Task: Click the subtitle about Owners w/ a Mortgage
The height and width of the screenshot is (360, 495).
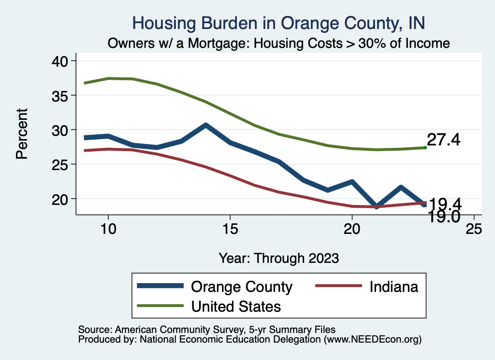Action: tap(279, 43)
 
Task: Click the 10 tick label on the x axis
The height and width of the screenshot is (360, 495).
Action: tap(108, 229)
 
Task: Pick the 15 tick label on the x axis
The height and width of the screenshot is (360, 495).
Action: tap(230, 229)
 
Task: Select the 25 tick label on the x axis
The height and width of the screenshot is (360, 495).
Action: tap(474, 229)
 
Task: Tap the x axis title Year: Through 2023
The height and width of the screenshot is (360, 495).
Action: tap(278, 258)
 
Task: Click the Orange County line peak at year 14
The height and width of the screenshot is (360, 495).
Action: tap(205, 126)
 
